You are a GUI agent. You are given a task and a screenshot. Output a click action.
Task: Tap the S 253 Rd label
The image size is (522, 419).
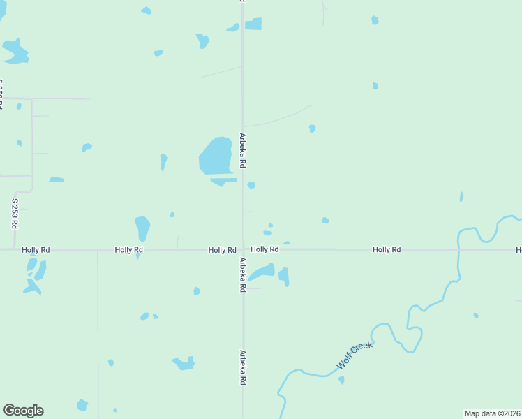15,214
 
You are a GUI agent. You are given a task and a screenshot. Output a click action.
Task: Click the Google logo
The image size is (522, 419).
23,411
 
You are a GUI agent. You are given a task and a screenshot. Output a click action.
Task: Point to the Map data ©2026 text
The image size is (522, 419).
492,413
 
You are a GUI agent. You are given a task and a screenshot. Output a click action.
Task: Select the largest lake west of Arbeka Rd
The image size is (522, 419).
216,155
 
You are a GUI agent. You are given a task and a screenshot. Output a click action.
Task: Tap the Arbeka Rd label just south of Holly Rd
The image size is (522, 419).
243,274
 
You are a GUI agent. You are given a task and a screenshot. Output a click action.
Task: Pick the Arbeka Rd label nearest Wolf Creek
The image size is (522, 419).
243,368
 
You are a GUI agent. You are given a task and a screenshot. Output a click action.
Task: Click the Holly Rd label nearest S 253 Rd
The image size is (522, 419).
36,249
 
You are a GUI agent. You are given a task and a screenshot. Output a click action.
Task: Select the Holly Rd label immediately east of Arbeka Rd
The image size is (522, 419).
264,249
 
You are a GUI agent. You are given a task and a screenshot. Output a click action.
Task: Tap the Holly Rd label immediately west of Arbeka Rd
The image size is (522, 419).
222,249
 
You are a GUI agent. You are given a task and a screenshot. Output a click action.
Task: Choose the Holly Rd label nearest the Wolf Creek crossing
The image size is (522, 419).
386,249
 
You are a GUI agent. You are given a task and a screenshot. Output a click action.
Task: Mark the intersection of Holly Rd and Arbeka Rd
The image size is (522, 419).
243,249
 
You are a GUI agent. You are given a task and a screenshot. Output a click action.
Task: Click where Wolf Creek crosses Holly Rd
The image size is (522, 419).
458,249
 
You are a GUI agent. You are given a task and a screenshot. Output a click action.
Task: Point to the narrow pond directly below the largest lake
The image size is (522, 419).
223,182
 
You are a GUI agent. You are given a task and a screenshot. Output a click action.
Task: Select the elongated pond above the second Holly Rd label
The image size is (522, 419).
142,228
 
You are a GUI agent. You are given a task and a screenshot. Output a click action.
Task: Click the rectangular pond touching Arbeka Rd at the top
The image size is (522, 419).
253,24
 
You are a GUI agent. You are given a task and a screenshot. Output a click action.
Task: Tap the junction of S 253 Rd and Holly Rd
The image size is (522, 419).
15,249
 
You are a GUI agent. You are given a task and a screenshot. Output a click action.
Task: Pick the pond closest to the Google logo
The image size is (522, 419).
82,405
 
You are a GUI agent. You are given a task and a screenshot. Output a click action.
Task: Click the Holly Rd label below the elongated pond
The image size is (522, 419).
129,249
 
